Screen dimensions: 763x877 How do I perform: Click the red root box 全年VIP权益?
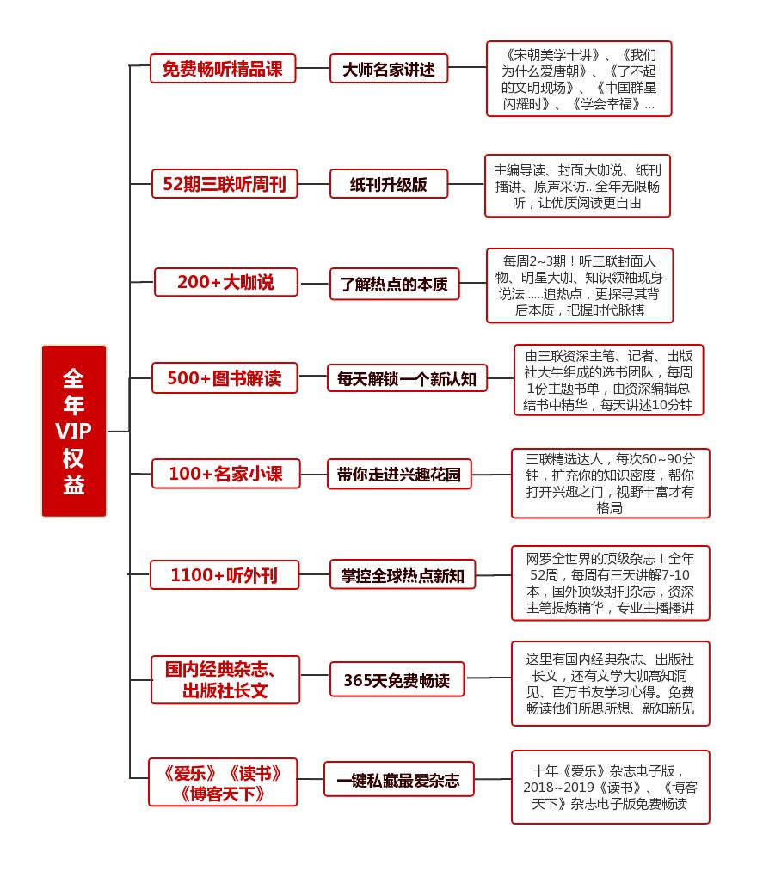[74, 431]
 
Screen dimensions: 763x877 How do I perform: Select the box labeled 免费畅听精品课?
[223, 69]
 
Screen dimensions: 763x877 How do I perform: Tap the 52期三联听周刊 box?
[225, 183]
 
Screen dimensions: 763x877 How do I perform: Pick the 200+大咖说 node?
[225, 282]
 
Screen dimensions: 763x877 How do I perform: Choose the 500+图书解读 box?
[225, 377]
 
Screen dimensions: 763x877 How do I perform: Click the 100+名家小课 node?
[225, 474]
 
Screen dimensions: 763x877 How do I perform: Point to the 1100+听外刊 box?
[225, 575]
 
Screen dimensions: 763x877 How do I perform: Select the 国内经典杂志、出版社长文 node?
[225, 679]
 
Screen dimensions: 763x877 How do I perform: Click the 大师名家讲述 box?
[389, 69]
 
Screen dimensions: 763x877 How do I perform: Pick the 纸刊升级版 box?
[389, 183]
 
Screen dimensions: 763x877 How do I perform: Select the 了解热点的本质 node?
[394, 284]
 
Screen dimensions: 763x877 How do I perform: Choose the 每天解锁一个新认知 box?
[407, 378]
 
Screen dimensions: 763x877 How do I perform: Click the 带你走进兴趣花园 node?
[399, 475]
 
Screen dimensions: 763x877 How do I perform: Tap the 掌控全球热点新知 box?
[402, 575]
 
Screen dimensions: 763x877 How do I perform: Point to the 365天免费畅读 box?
[397, 679]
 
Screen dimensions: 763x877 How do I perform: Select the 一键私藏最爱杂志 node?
[398, 779]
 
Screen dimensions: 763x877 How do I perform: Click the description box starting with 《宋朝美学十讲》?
[578, 78]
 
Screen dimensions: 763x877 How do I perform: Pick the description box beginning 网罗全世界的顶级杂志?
[610, 582]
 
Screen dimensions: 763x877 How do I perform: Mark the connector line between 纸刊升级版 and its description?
[466, 183]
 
